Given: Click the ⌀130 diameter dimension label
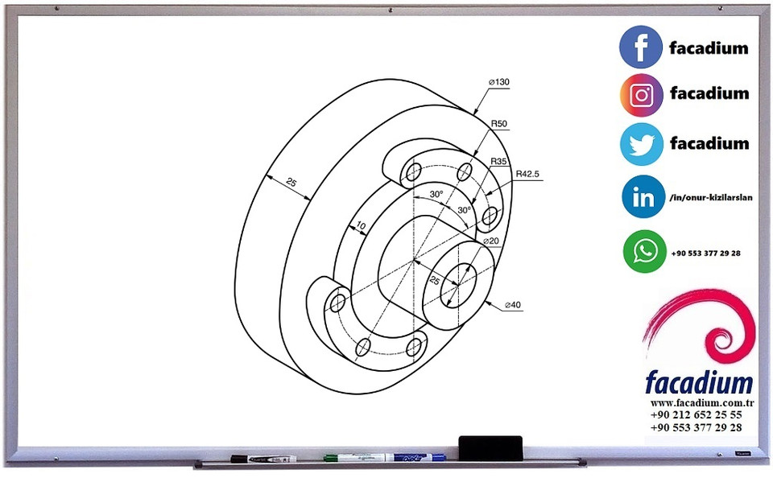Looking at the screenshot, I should (498, 83).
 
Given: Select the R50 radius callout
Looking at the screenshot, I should (499, 123).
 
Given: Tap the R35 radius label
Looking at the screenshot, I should (499, 162).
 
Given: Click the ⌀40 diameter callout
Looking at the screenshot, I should (513, 305).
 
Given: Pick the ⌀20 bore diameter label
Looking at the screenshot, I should (491, 241).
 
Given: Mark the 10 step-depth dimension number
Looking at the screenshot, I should (360, 226).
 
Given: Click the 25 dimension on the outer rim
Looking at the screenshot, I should (291, 183).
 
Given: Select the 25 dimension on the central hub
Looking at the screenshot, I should (434, 280).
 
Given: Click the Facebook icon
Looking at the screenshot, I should (641, 47).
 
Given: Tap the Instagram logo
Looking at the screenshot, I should (641, 96).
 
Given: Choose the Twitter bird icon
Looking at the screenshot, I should (641, 144).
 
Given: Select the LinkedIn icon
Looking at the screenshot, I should (643, 197).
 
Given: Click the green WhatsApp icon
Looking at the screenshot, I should (644, 252).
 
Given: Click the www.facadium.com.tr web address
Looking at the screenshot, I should (701, 402).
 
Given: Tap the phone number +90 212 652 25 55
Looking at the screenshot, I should (697, 414).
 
